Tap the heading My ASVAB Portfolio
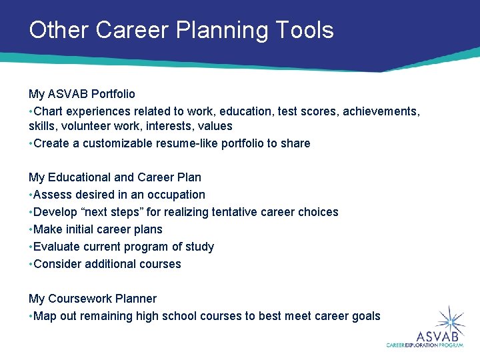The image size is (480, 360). [x=81, y=94]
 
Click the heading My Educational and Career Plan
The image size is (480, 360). [x=115, y=177]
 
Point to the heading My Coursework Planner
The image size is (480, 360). [x=93, y=299]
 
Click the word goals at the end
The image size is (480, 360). [x=365, y=316]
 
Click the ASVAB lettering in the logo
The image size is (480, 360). [x=435, y=336]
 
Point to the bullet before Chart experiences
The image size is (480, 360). [x=31, y=111]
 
